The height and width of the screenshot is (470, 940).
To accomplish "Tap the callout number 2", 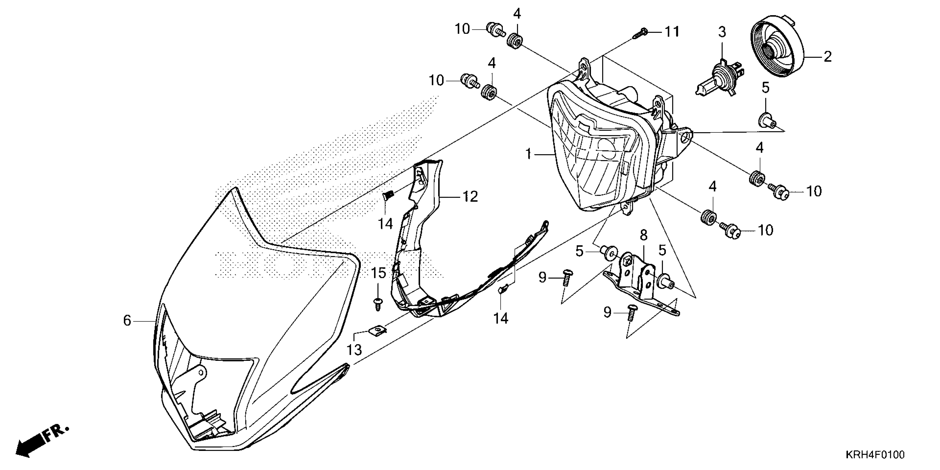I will click(x=827, y=57).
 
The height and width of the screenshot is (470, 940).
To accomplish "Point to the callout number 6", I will click(x=127, y=321).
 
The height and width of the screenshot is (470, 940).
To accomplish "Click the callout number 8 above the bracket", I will click(x=644, y=235).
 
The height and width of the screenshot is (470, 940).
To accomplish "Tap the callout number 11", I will click(x=672, y=32).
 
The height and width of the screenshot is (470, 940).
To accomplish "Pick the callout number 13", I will click(x=354, y=349).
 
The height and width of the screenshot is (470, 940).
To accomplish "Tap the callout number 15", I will click(x=379, y=273).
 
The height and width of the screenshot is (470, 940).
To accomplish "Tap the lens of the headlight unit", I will click(x=602, y=161).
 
